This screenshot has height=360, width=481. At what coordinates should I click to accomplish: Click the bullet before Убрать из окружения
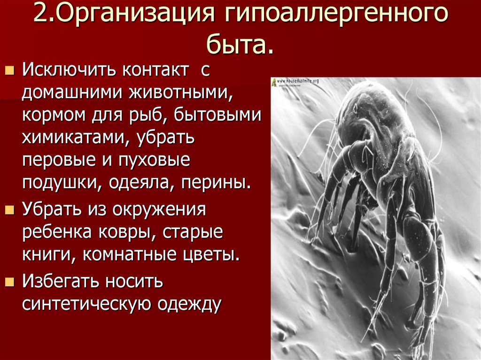(x=9, y=210)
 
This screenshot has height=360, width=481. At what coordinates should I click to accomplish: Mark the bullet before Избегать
(x=9, y=283)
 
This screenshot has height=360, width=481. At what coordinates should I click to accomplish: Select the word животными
(x=180, y=92)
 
